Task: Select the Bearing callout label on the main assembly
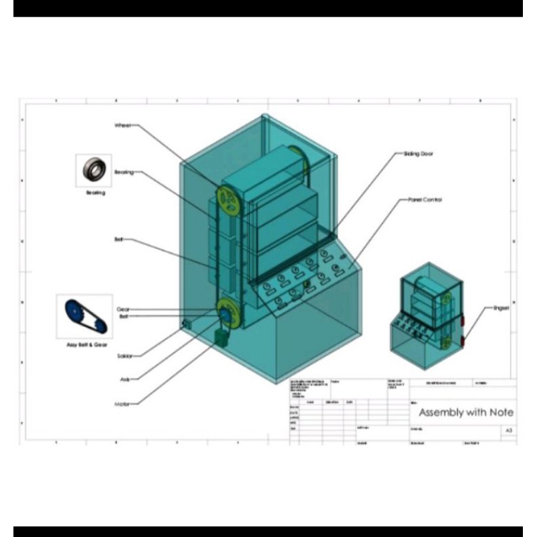tap(124, 173)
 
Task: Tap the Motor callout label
tap(121, 404)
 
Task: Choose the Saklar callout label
tap(124, 356)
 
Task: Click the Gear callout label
tap(124, 309)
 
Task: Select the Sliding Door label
tap(418, 154)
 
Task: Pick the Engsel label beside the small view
tap(501, 309)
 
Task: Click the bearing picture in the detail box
tap(93, 169)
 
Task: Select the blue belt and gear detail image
tap(84, 315)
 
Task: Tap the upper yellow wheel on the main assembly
tap(228, 200)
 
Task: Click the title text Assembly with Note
tap(467, 412)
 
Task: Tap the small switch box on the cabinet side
tap(187, 325)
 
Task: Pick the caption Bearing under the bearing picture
tap(95, 193)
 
